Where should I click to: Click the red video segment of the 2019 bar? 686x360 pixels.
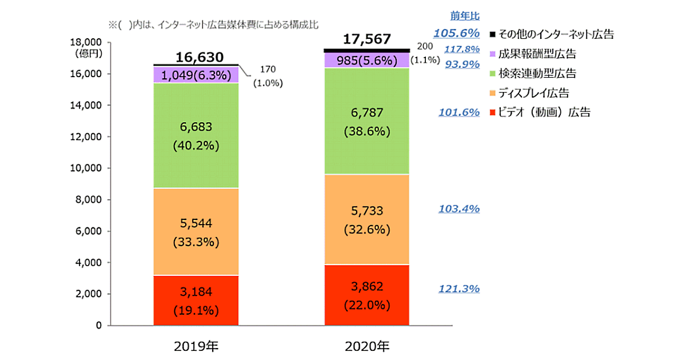click(196, 301)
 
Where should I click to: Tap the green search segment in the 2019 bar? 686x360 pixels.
click(196, 135)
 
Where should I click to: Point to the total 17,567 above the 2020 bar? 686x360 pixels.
click(367, 39)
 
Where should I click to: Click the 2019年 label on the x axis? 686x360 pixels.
click(196, 346)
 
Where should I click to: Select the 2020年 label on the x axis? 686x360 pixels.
click(367, 346)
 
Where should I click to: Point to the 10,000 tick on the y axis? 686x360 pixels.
click(85, 169)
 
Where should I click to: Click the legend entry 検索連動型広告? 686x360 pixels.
click(537, 73)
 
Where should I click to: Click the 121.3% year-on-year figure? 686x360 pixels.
click(459, 289)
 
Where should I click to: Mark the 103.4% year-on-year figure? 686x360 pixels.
click(459, 209)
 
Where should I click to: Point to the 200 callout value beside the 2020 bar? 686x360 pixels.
click(425, 46)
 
